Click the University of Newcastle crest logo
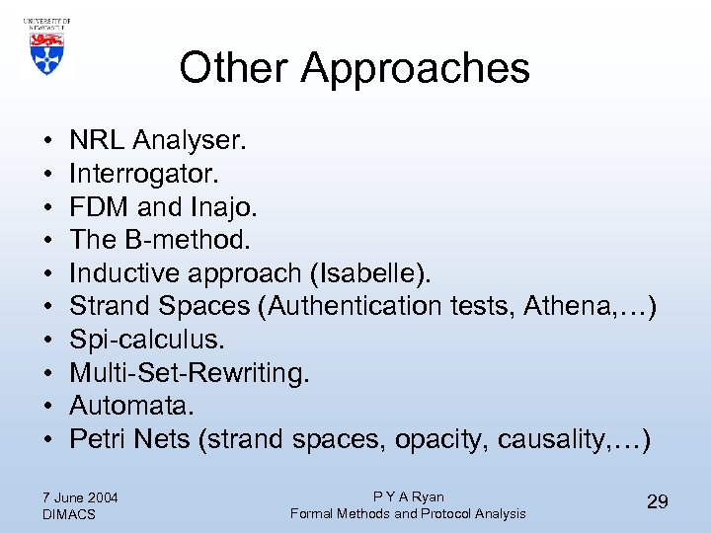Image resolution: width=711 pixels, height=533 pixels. click(x=45, y=47)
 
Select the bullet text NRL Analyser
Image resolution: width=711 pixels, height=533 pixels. click(x=158, y=140)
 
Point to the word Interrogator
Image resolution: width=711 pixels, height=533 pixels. click(x=144, y=174)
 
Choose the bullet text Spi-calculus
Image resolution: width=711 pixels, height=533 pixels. click(x=147, y=341)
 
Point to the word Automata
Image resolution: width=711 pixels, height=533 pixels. click(x=129, y=407)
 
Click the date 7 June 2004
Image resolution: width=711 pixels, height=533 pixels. click(x=80, y=496)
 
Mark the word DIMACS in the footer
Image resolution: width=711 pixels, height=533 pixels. click(x=68, y=514)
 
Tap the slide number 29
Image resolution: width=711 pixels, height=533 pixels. click(x=657, y=502)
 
